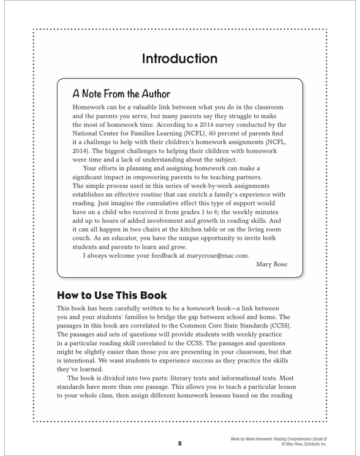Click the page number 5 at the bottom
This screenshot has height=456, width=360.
(179, 443)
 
